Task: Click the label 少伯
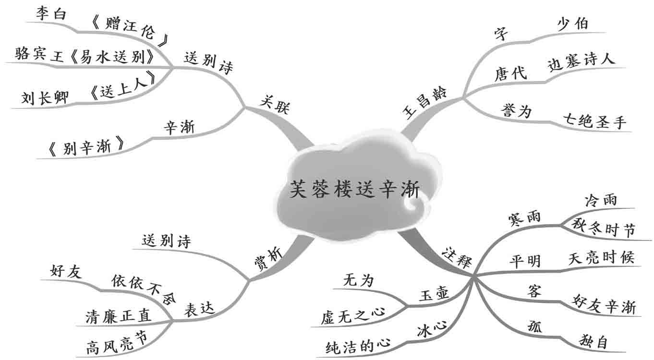click(572, 24)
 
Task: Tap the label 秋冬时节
click(604, 230)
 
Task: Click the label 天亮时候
click(601, 258)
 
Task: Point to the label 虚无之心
click(353, 314)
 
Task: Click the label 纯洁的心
click(357, 344)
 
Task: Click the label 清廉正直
click(118, 315)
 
